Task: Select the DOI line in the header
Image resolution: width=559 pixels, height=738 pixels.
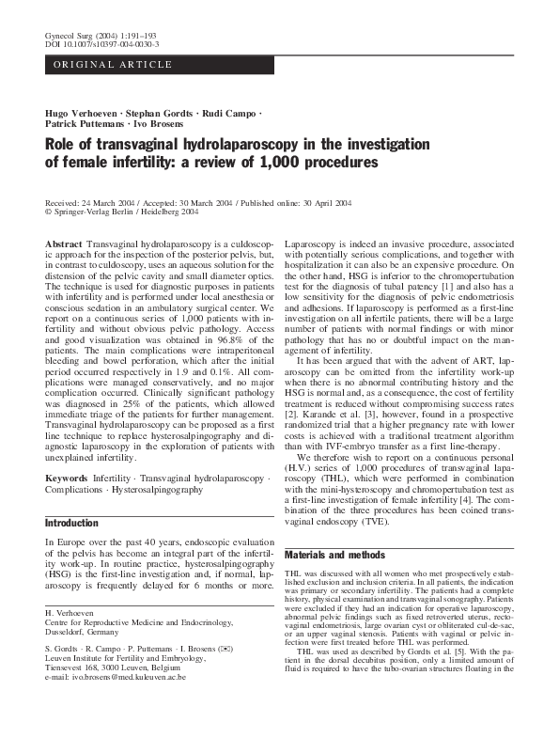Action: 101,44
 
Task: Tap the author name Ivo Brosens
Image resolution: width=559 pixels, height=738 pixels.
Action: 159,124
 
